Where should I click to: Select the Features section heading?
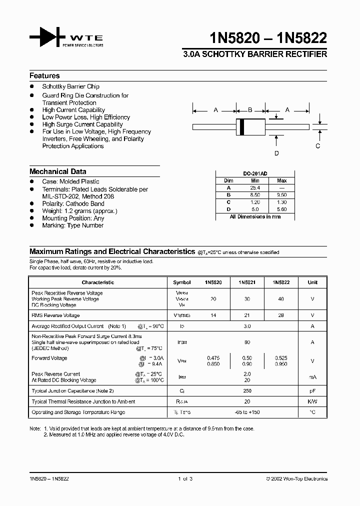tap(44, 76)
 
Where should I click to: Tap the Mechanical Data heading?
tap(57, 171)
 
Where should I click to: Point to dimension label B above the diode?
tap(250, 110)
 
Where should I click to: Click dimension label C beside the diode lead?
tap(317, 146)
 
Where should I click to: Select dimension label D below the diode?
tap(276, 153)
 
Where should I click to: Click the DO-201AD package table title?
tap(255, 173)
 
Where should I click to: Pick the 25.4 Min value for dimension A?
tap(255, 187)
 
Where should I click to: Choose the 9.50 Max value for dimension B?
tap(281, 195)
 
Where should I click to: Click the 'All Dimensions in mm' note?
tap(255, 217)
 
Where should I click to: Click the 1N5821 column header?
tap(247, 282)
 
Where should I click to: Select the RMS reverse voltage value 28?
tap(281, 315)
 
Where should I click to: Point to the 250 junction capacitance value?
tap(247, 390)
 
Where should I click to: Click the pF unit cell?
tap(312, 390)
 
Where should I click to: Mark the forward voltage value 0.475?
tap(213, 358)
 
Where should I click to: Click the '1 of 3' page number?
tap(185, 479)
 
